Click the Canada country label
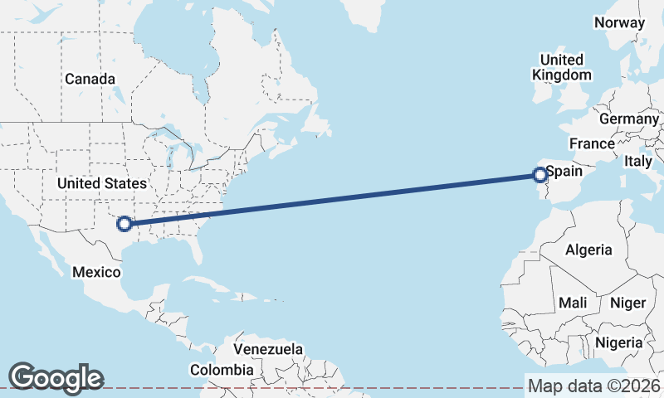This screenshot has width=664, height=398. [x=90, y=79]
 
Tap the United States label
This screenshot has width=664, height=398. [x=102, y=183]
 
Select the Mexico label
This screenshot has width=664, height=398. [x=97, y=272]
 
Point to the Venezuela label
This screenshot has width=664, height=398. [x=268, y=349]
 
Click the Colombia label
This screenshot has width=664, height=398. [x=222, y=370]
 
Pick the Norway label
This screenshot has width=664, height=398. [x=619, y=22]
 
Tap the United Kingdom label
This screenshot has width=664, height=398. [x=562, y=67]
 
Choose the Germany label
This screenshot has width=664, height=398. [x=628, y=119]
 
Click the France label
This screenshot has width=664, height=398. [x=592, y=143]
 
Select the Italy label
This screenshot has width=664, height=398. [x=638, y=161]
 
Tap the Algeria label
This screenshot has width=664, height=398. [x=588, y=250]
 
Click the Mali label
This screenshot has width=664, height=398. [x=573, y=303]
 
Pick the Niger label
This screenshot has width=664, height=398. [x=627, y=303]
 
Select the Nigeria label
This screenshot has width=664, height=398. [x=618, y=342]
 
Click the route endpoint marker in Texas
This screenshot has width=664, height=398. [x=124, y=223]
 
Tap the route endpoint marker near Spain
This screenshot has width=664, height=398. [x=540, y=175]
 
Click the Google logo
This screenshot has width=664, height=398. [x=56, y=377]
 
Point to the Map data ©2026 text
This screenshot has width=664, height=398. [x=593, y=386]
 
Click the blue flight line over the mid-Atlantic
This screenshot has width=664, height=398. [x=332, y=199]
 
